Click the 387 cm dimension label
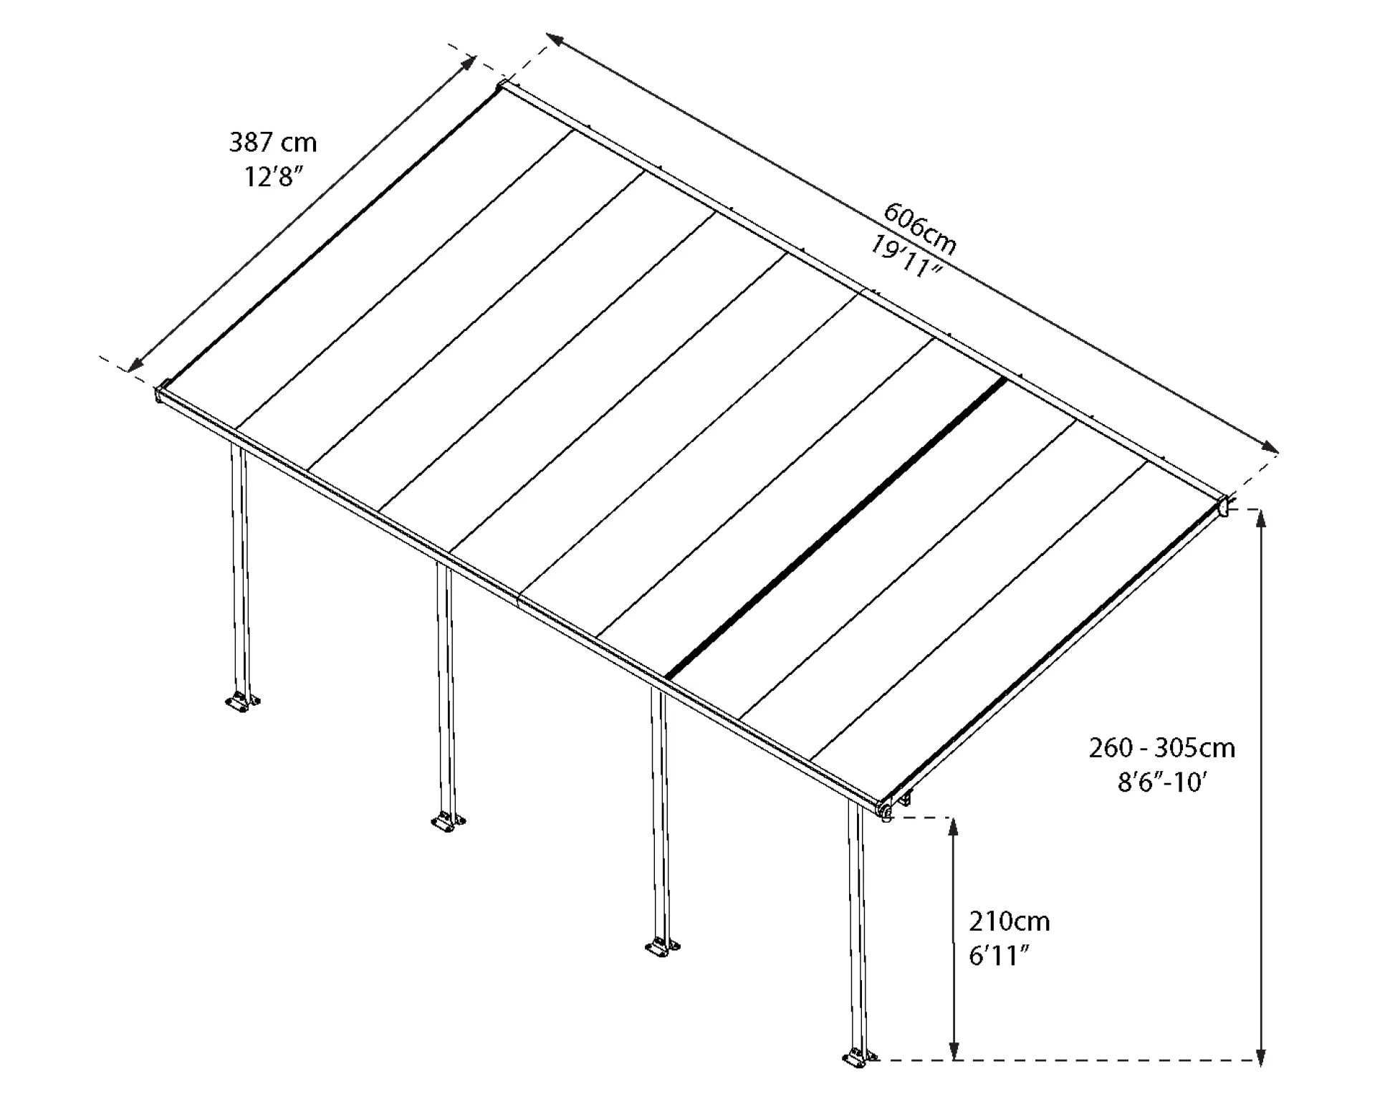272,143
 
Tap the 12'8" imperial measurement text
269,176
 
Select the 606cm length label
920,229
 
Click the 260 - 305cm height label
1161,748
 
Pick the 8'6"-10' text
1162,782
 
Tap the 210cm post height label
1010,921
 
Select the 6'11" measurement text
999,955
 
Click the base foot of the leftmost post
243,702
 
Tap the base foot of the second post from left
448,821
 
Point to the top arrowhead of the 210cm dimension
953,828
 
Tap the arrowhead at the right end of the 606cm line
1269,447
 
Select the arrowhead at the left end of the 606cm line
556,40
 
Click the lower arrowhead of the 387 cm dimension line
135,363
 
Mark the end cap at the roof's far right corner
1224,505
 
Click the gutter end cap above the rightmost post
884,810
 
